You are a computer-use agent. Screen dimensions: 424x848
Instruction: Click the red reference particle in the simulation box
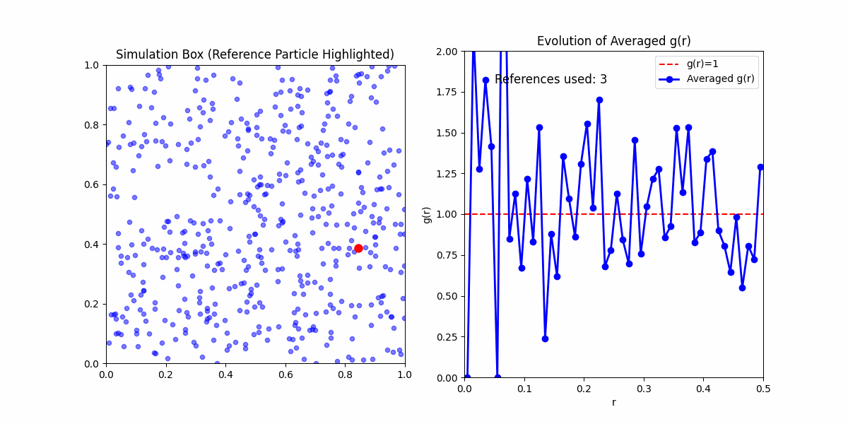tap(358, 248)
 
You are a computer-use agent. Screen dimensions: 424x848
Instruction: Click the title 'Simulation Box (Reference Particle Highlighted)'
tap(255, 55)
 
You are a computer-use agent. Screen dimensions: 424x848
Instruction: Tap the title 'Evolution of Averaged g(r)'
tap(613, 41)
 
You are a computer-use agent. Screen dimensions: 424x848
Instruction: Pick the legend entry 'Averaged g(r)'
tap(720, 78)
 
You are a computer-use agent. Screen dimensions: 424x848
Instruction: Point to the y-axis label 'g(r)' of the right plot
tap(427, 215)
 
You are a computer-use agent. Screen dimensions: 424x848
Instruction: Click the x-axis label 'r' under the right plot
tap(613, 402)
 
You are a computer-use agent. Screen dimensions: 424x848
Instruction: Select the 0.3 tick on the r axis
tap(644, 389)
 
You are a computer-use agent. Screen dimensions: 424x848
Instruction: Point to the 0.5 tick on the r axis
tap(763, 389)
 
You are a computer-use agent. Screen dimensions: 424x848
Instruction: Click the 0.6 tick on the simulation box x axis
tap(285, 375)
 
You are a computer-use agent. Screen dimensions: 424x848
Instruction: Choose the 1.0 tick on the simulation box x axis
tap(404, 375)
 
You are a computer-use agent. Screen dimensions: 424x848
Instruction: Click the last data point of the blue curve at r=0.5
tap(760, 167)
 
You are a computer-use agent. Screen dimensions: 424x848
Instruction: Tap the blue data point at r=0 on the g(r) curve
tap(467, 377)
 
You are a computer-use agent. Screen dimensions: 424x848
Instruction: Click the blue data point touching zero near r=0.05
tap(497, 377)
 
